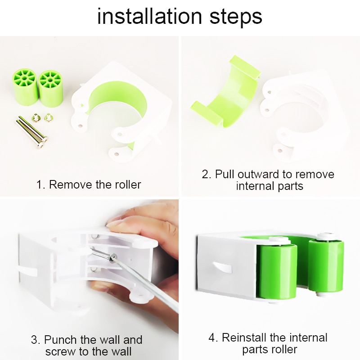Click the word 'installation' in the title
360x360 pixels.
[x=149, y=16]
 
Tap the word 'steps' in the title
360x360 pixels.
[x=236, y=17]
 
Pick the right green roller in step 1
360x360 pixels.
[x=51, y=88]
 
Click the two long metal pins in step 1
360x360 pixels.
[x=31, y=132]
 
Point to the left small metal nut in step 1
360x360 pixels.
[x=36, y=118]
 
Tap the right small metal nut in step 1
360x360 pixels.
[x=49, y=118]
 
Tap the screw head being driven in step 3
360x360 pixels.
[x=113, y=258]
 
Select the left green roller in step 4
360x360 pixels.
[x=277, y=271]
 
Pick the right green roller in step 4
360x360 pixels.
[x=326, y=266]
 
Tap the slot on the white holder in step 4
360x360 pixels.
[x=221, y=267]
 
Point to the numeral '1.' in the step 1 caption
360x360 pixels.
[x=41, y=184]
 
